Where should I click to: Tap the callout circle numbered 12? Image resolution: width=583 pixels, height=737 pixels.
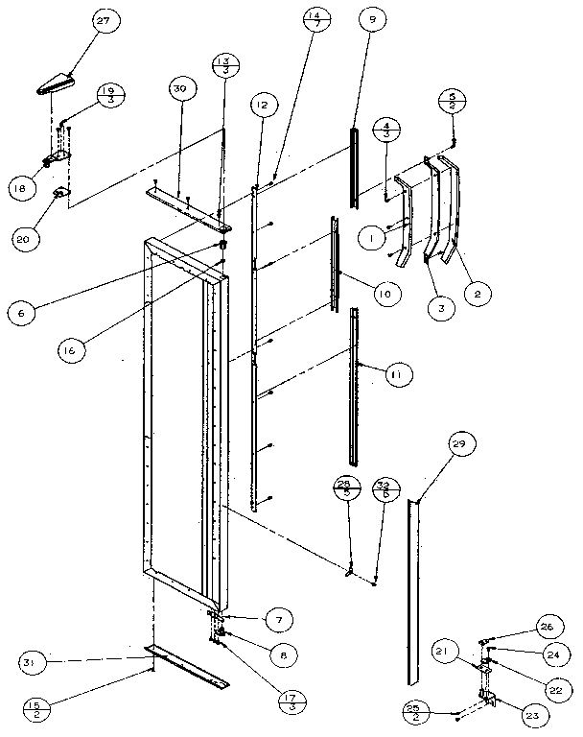[x=263, y=104]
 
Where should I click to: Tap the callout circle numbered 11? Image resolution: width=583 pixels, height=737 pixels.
[x=394, y=374]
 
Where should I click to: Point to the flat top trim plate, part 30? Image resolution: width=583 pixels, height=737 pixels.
[x=187, y=207]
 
